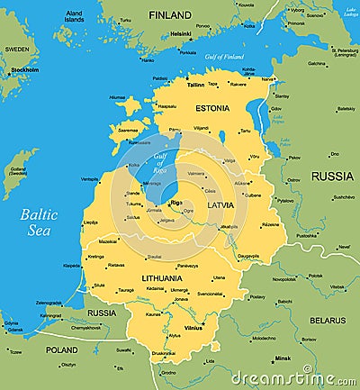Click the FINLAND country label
[170, 15]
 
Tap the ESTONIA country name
[211, 108]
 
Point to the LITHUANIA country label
[156, 278]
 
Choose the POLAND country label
[62, 349]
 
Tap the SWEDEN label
[16, 50]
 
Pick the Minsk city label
[283, 358]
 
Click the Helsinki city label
[180, 34]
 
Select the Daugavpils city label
[248, 256]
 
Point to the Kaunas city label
[154, 314]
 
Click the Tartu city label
[245, 131]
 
